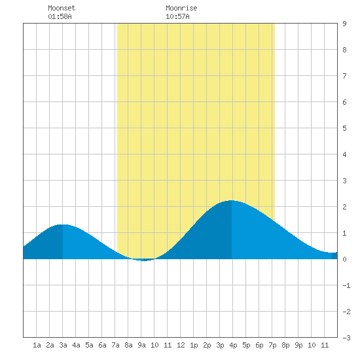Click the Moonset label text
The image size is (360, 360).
click(x=62, y=8)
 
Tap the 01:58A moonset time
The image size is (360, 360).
click(x=60, y=16)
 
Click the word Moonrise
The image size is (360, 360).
click(x=181, y=8)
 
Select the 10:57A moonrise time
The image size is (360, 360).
click(x=177, y=16)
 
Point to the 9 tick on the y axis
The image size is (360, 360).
click(x=344, y=24)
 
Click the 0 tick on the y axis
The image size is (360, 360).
click(x=344, y=259)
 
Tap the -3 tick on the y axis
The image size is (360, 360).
click(x=346, y=338)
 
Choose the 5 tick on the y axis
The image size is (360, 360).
click(x=344, y=128)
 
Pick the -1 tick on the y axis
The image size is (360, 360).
click(x=346, y=285)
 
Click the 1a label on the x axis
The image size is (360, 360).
click(x=37, y=345)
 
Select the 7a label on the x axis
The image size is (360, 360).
click(x=115, y=345)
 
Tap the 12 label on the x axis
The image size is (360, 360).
click(x=181, y=345)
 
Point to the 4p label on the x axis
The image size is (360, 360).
click(x=233, y=345)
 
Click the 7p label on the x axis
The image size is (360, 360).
click(x=272, y=345)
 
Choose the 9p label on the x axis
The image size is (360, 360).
click(x=298, y=345)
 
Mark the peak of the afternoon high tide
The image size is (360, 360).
click(x=232, y=201)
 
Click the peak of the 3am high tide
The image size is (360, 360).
click(x=63, y=225)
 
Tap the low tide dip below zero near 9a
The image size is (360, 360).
click(x=144, y=261)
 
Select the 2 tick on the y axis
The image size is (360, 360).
click(x=344, y=207)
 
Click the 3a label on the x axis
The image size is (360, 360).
click(x=63, y=345)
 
